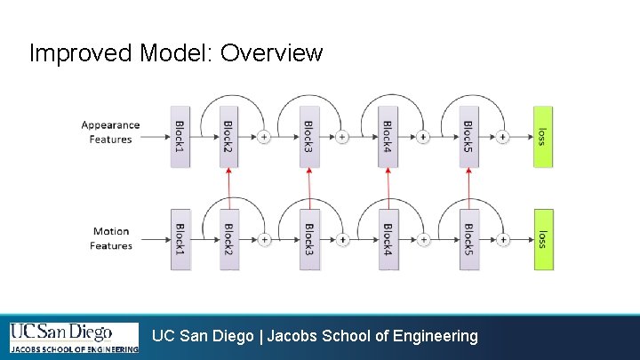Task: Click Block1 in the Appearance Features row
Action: tap(180, 136)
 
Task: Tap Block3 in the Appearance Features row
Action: tap(308, 136)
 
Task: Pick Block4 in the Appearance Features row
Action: tap(388, 136)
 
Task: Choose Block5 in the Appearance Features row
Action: tap(468, 136)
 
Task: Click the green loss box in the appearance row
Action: tap(542, 136)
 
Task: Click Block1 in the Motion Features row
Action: tap(180, 239)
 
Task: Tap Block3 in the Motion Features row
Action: tap(308, 239)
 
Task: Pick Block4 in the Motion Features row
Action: tap(388, 239)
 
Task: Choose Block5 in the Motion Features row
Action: tap(468, 239)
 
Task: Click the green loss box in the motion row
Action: tap(542, 239)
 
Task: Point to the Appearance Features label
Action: tap(110, 132)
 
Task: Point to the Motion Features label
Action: tap(111, 238)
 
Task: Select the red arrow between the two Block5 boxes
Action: tap(468, 188)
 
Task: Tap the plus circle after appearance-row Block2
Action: tap(264, 137)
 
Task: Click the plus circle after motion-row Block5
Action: tap(503, 239)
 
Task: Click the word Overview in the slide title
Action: tap(271, 53)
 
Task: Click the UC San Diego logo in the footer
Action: tap(74, 338)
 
